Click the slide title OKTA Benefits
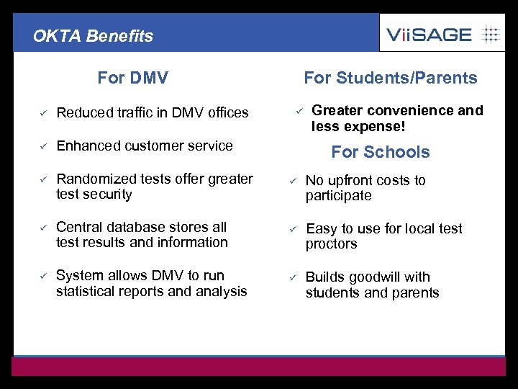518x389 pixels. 93,36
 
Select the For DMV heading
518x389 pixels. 132,77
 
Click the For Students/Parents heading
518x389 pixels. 390,78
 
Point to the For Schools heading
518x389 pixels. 380,152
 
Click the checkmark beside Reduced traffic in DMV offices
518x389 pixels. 43,112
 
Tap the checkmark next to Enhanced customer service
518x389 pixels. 43,146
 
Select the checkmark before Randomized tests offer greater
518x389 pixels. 43,179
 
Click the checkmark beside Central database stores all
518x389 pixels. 43,228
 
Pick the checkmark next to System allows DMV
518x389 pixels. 43,276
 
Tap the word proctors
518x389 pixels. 331,244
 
